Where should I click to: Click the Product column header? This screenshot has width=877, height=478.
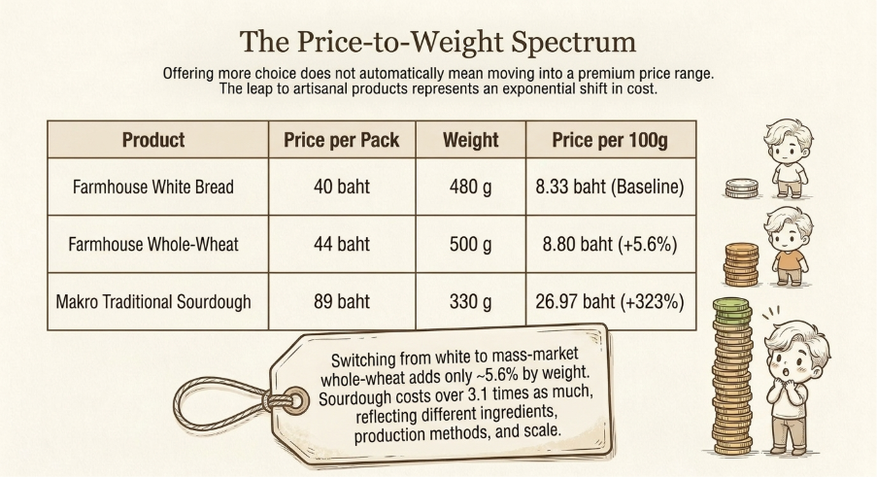(x=153, y=140)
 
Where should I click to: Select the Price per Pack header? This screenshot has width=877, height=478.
(x=342, y=140)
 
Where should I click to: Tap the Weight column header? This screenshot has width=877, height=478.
(x=470, y=140)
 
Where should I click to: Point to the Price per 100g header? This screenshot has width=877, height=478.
(x=610, y=140)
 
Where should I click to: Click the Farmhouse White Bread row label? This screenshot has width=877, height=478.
(x=153, y=187)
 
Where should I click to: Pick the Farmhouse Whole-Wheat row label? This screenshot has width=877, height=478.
(x=153, y=245)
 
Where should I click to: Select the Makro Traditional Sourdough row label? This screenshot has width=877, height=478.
(x=153, y=302)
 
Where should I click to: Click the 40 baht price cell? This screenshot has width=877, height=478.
(x=342, y=187)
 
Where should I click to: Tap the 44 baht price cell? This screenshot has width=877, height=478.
(x=342, y=245)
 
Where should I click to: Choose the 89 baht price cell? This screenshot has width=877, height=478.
(x=342, y=302)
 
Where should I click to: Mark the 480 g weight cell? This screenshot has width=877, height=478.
(x=470, y=188)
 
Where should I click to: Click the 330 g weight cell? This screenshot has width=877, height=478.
(x=470, y=303)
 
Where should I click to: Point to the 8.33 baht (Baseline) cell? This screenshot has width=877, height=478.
(x=610, y=187)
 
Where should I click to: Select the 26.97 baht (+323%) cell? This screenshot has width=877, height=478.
(x=610, y=302)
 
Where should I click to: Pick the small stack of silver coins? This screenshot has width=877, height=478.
(x=742, y=188)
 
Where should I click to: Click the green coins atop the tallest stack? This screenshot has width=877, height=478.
(x=731, y=310)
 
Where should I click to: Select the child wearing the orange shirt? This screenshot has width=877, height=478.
(x=789, y=246)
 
